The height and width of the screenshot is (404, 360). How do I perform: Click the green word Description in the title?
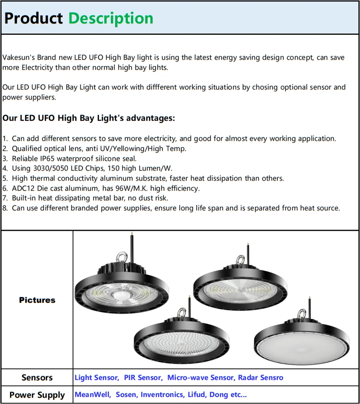tap(111, 18)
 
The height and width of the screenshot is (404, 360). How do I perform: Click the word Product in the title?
tap(34, 18)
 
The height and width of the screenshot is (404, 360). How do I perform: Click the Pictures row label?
tap(37, 300)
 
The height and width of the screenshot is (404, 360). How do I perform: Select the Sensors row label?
tap(37, 378)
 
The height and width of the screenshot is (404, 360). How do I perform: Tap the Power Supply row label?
tap(37, 395)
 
